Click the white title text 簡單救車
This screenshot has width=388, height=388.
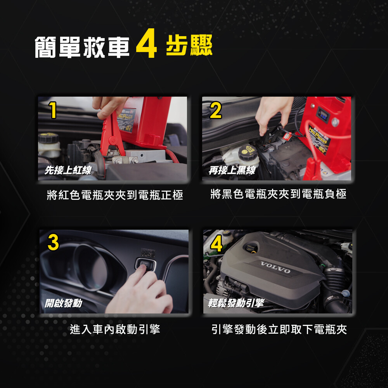tap(82, 47)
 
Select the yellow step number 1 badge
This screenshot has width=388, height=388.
tap(53, 110)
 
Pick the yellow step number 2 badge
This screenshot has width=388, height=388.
tap(215, 110)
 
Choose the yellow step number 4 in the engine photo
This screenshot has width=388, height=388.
tap(217, 243)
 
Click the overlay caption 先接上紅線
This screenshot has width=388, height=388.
tap(68, 170)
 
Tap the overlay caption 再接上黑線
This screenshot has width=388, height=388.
tap(232, 170)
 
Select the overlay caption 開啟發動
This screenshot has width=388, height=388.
tap(63, 303)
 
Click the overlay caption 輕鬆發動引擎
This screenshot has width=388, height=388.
tap(236, 303)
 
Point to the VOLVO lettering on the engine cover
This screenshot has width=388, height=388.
tap(275, 267)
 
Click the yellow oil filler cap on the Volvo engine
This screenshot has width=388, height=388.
tap(251, 248)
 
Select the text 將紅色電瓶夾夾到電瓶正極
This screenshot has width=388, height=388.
tap(115, 195)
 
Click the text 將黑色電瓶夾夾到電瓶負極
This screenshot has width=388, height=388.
tap(278, 194)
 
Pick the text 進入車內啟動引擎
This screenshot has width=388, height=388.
tap(115, 329)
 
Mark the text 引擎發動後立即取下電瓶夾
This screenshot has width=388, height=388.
tap(279, 329)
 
